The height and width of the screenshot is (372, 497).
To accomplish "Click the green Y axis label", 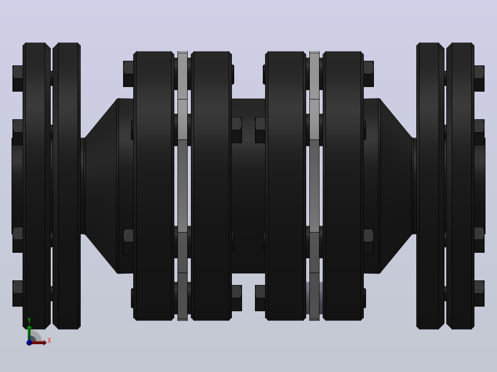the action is click(x=29, y=320).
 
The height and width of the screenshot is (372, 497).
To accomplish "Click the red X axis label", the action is click(x=49, y=340).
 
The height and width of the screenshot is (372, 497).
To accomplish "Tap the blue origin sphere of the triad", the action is click(x=29, y=343).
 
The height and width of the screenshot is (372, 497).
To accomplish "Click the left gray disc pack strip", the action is click(x=183, y=186).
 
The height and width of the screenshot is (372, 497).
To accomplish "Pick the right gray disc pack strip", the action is click(x=314, y=186).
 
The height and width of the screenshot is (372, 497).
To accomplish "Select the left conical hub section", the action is click(x=101, y=186).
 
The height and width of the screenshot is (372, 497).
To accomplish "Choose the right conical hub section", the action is click(x=396, y=186).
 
